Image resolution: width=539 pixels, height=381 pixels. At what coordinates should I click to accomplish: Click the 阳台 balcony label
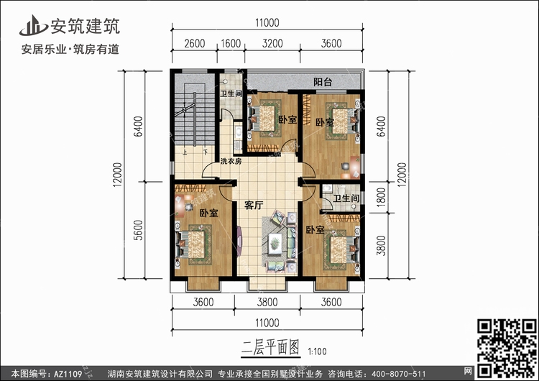click(323, 82)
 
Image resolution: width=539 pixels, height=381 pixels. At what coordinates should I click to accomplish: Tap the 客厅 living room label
click(254, 206)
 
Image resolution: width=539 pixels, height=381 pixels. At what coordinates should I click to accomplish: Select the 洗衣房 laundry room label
click(231, 161)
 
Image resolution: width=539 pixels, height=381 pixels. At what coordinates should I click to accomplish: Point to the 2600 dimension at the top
click(195, 44)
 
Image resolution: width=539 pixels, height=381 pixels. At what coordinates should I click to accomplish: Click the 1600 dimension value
click(231, 44)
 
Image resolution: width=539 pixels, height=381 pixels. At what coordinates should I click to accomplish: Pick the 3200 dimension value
click(272, 44)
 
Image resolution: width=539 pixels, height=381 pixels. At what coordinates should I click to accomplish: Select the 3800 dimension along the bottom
click(267, 302)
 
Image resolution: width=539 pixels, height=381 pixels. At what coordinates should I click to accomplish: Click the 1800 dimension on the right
click(381, 198)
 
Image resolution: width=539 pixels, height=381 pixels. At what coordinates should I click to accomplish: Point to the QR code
click(507, 349)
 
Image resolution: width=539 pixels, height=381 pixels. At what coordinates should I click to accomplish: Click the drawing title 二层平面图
click(270, 348)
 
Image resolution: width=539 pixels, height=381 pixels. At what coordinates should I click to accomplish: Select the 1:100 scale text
click(317, 352)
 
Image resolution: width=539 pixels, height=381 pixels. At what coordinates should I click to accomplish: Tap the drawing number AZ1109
click(68, 374)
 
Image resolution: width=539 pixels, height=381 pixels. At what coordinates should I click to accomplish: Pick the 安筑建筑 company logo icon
click(33, 25)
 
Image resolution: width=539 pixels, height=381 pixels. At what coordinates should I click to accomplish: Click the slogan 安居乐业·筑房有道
click(70, 50)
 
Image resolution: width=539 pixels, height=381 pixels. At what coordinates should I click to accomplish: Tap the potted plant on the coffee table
click(275, 244)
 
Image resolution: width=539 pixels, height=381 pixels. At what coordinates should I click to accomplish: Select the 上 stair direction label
click(185, 152)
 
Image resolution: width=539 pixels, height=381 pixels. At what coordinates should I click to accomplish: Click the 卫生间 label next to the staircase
click(231, 93)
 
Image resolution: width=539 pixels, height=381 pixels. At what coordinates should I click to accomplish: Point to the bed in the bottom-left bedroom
click(193, 244)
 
